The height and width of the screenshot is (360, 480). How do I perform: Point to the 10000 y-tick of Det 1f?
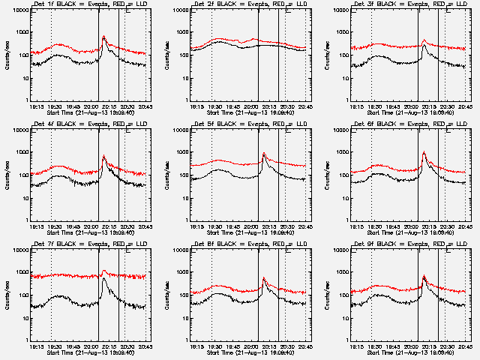16,10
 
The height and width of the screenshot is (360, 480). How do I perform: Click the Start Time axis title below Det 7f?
82,353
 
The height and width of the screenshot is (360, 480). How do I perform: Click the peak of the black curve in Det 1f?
103,37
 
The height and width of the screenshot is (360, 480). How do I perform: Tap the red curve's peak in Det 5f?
264,153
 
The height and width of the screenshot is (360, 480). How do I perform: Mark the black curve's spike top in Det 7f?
103,280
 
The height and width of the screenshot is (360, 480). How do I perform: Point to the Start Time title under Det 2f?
242,113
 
